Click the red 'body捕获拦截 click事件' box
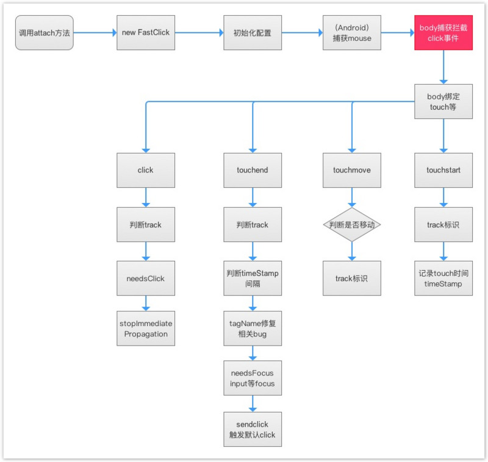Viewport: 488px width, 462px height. tap(443, 33)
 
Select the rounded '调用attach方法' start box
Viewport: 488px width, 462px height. tap(44, 33)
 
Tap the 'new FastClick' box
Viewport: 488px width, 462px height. tap(146, 33)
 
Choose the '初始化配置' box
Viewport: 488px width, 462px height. tap(253, 33)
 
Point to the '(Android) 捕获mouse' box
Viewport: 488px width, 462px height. tap(352, 33)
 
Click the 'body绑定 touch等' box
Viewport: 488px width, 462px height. tap(443, 101)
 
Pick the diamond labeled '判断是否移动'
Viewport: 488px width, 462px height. tap(352, 224)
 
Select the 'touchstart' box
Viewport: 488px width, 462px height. tap(443, 170)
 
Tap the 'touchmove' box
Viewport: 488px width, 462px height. tap(352, 170)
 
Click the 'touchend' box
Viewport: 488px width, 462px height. tap(253, 170)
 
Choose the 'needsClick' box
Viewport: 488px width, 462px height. tap(146, 278)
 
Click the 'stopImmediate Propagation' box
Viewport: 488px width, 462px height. tap(146, 329)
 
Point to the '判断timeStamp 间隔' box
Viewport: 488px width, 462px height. tap(253, 278)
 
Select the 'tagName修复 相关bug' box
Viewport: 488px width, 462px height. tap(253, 329)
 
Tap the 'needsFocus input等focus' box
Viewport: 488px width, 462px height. tap(253, 378)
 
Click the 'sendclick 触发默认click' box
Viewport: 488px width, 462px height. tap(253, 429)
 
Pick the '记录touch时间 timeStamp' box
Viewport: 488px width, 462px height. tap(443, 278)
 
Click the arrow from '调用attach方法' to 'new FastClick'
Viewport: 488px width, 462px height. tap(95, 32)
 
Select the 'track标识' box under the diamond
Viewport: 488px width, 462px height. tap(352, 278)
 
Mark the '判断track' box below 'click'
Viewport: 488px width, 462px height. tap(146, 224)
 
